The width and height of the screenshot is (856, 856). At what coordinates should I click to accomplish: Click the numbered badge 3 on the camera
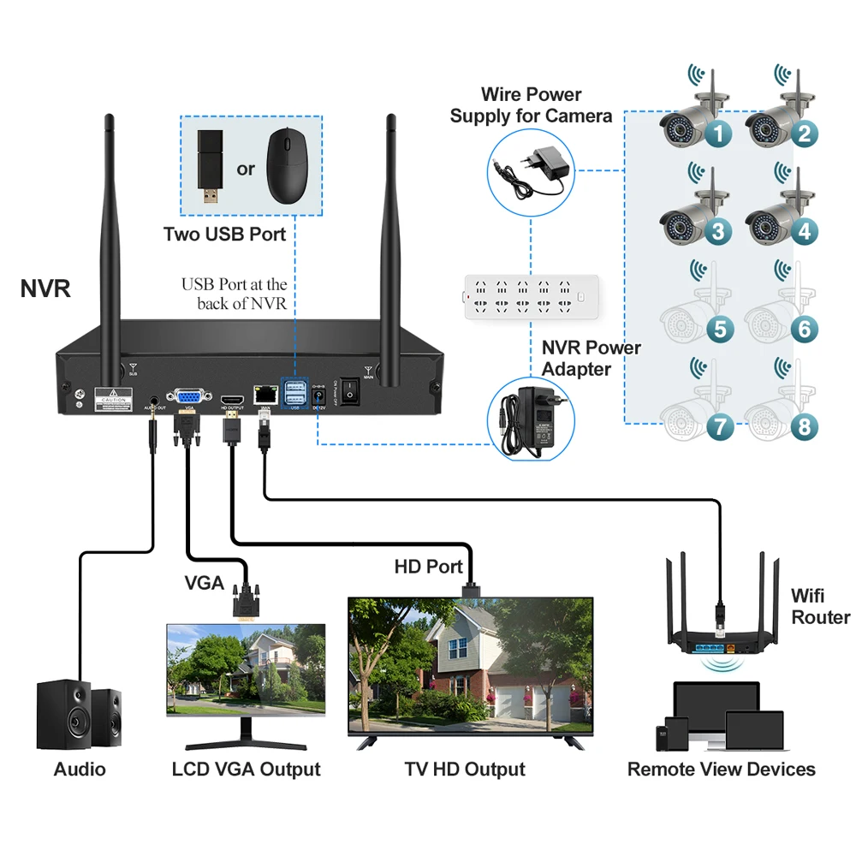point(718,230)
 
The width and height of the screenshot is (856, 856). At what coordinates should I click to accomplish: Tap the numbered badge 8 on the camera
point(804,425)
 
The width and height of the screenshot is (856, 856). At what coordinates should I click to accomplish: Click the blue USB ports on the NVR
point(294,394)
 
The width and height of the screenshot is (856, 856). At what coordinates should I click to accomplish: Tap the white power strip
point(522,297)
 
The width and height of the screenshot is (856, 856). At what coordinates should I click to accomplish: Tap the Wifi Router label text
point(820,606)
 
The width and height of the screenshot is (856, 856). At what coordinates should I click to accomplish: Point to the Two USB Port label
point(224,234)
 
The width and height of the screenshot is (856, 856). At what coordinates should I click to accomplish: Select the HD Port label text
point(428,567)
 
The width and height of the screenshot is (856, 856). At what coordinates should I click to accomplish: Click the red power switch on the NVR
point(351,389)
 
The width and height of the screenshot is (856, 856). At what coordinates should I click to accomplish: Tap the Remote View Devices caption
point(721,769)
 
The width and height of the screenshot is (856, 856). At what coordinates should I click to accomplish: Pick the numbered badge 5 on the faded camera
point(718,328)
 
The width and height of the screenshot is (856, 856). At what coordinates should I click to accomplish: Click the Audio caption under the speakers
point(80,769)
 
